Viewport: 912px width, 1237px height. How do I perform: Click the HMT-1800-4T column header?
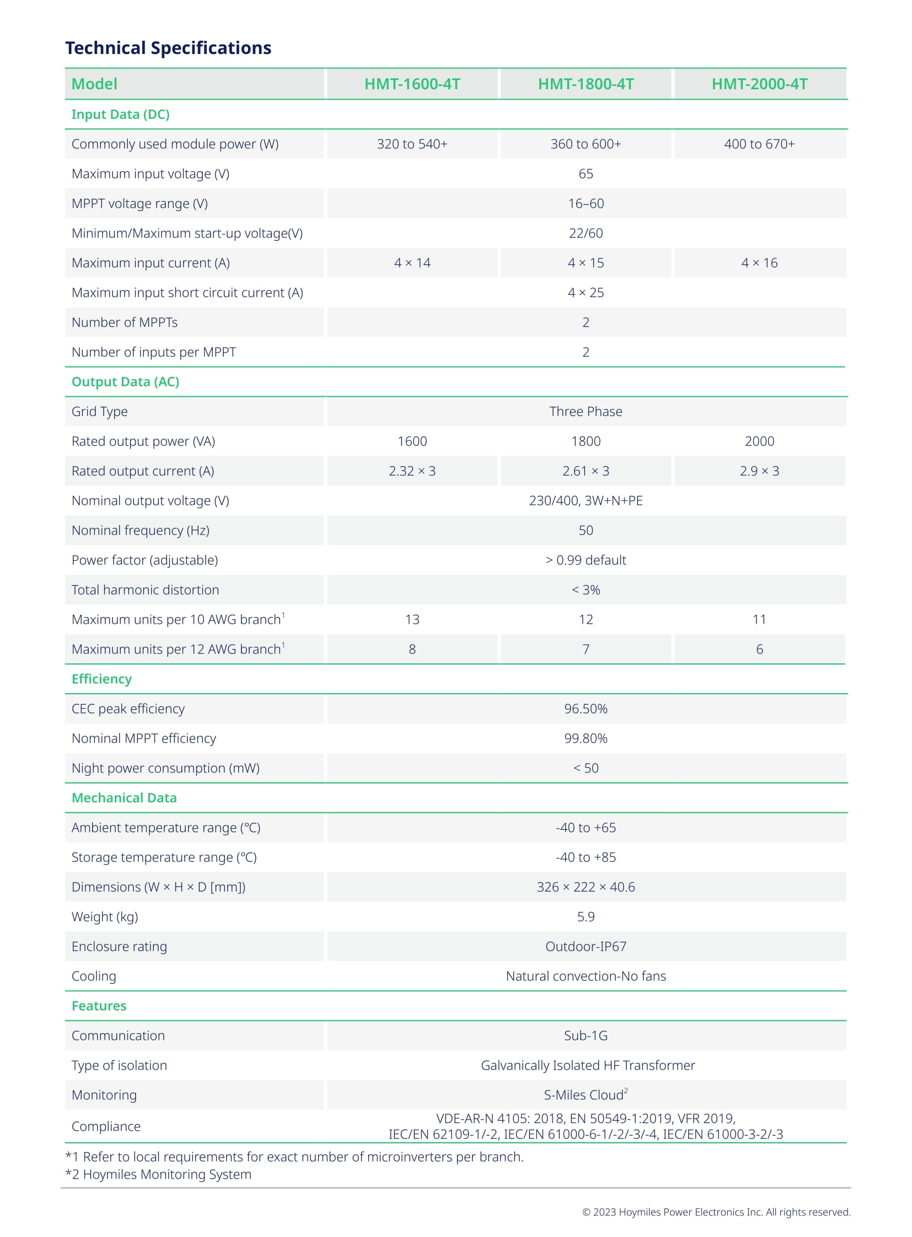pyautogui.click(x=586, y=84)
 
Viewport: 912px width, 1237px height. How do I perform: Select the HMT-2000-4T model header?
pyautogui.click(x=759, y=84)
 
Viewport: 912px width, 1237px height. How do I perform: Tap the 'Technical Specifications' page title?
pyautogui.click(x=168, y=48)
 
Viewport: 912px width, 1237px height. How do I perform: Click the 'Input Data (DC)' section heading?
pyautogui.click(x=120, y=114)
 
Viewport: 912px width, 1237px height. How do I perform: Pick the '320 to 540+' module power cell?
pyautogui.click(x=412, y=144)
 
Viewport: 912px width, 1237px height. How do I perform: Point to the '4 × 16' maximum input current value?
pyautogui.click(x=759, y=263)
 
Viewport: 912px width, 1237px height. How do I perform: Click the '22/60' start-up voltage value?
pyautogui.click(x=586, y=234)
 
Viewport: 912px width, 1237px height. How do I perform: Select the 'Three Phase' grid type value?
pyautogui.click(x=586, y=412)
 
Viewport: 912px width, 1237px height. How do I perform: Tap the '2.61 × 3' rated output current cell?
pyautogui.click(x=586, y=471)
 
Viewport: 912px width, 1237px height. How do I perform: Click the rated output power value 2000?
pyautogui.click(x=759, y=441)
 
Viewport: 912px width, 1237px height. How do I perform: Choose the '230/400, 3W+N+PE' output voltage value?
pyautogui.click(x=586, y=501)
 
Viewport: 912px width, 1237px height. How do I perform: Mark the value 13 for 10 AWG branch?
pyautogui.click(x=412, y=620)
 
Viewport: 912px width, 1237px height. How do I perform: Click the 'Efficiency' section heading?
pyautogui.click(x=101, y=679)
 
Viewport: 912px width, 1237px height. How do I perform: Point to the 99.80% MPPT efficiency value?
pyautogui.click(x=586, y=739)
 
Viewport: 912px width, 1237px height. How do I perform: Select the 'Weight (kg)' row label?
pyautogui.click(x=105, y=917)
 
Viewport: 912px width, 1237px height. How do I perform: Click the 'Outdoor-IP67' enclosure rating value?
pyautogui.click(x=586, y=947)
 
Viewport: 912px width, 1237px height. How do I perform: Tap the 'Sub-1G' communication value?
pyautogui.click(x=586, y=1036)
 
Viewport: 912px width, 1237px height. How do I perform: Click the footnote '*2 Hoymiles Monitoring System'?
pyautogui.click(x=158, y=1174)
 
